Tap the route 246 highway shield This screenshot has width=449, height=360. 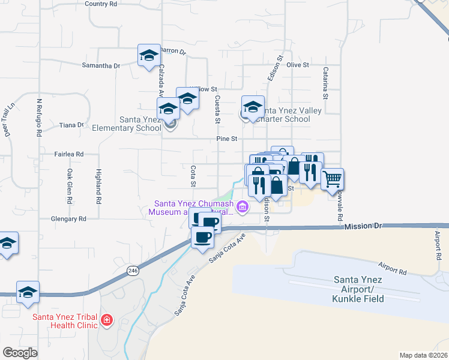point(132,271)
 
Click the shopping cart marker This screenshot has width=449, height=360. point(332,178)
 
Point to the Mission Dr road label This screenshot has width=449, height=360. point(363,226)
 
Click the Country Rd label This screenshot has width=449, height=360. point(100,4)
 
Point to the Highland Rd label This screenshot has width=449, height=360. point(98,184)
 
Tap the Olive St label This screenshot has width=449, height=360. point(297,64)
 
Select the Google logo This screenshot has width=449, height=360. point(20,353)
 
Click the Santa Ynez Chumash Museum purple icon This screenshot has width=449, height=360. point(242,208)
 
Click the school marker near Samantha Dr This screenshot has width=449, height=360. point(148,56)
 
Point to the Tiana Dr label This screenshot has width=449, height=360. point(71,125)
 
